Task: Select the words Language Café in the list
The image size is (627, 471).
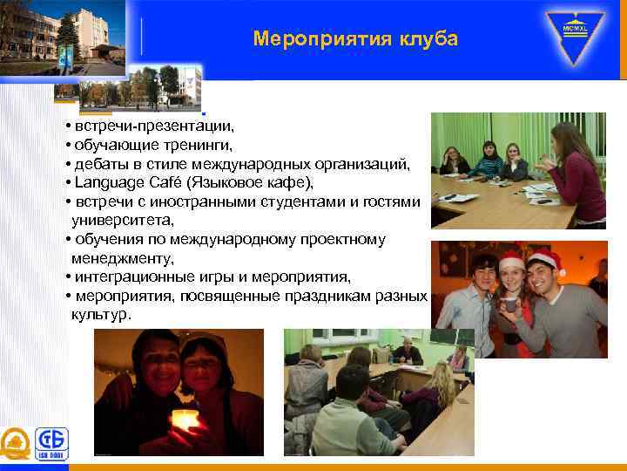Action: point(118,182)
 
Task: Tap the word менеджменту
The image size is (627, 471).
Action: point(124,258)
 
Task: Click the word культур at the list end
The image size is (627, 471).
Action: point(100,314)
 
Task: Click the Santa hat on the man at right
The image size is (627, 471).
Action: point(545,259)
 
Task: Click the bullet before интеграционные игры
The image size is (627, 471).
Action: point(67,277)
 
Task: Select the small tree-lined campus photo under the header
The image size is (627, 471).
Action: point(139,88)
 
